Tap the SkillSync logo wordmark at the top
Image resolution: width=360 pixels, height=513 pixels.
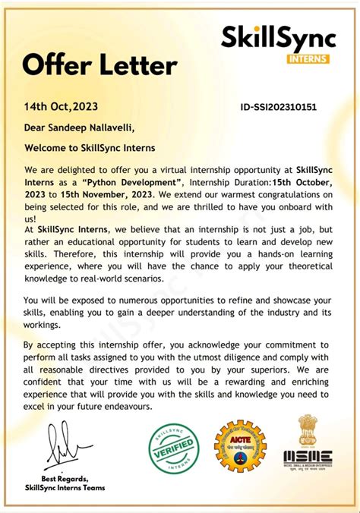pos(276,36)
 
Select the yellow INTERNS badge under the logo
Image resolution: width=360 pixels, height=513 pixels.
pos(309,57)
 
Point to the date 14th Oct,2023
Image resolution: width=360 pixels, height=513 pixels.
pos(61,107)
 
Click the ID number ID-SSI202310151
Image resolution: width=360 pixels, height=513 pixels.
pos(278,107)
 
